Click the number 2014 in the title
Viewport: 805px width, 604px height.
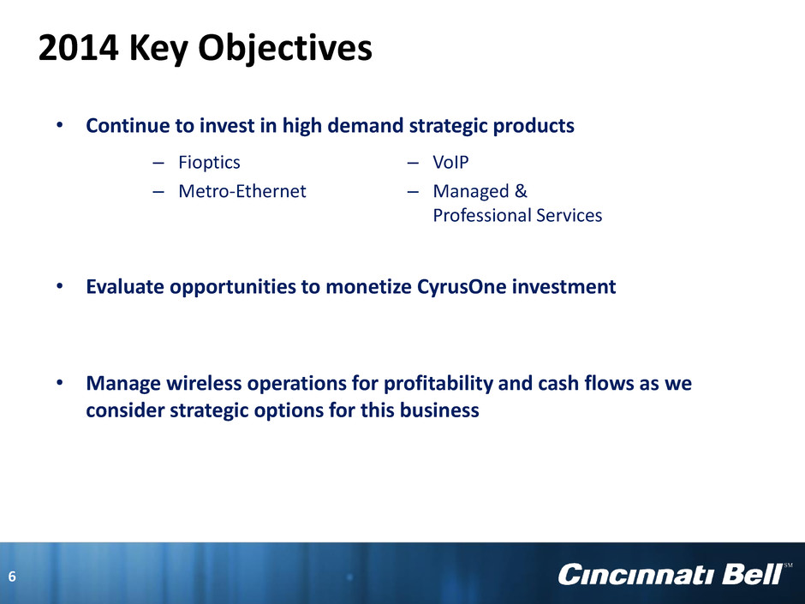(79, 48)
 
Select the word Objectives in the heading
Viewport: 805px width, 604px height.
(285, 50)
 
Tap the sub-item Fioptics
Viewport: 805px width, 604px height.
(209, 163)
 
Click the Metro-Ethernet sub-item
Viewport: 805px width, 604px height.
(241, 191)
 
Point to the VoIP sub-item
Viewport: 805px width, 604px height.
(450, 162)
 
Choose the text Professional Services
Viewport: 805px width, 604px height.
(517, 215)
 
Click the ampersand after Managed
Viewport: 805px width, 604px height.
(521, 191)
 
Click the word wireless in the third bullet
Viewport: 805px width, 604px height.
(197, 383)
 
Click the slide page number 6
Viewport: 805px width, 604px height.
(12, 577)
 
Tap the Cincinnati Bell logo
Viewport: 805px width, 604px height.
(670, 574)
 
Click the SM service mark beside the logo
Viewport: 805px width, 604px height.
(788, 565)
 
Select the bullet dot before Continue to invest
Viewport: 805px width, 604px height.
(60, 125)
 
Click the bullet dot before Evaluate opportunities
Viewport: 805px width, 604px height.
(60, 286)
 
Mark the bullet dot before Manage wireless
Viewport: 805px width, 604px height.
(60, 383)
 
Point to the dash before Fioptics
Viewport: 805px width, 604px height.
(158, 164)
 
